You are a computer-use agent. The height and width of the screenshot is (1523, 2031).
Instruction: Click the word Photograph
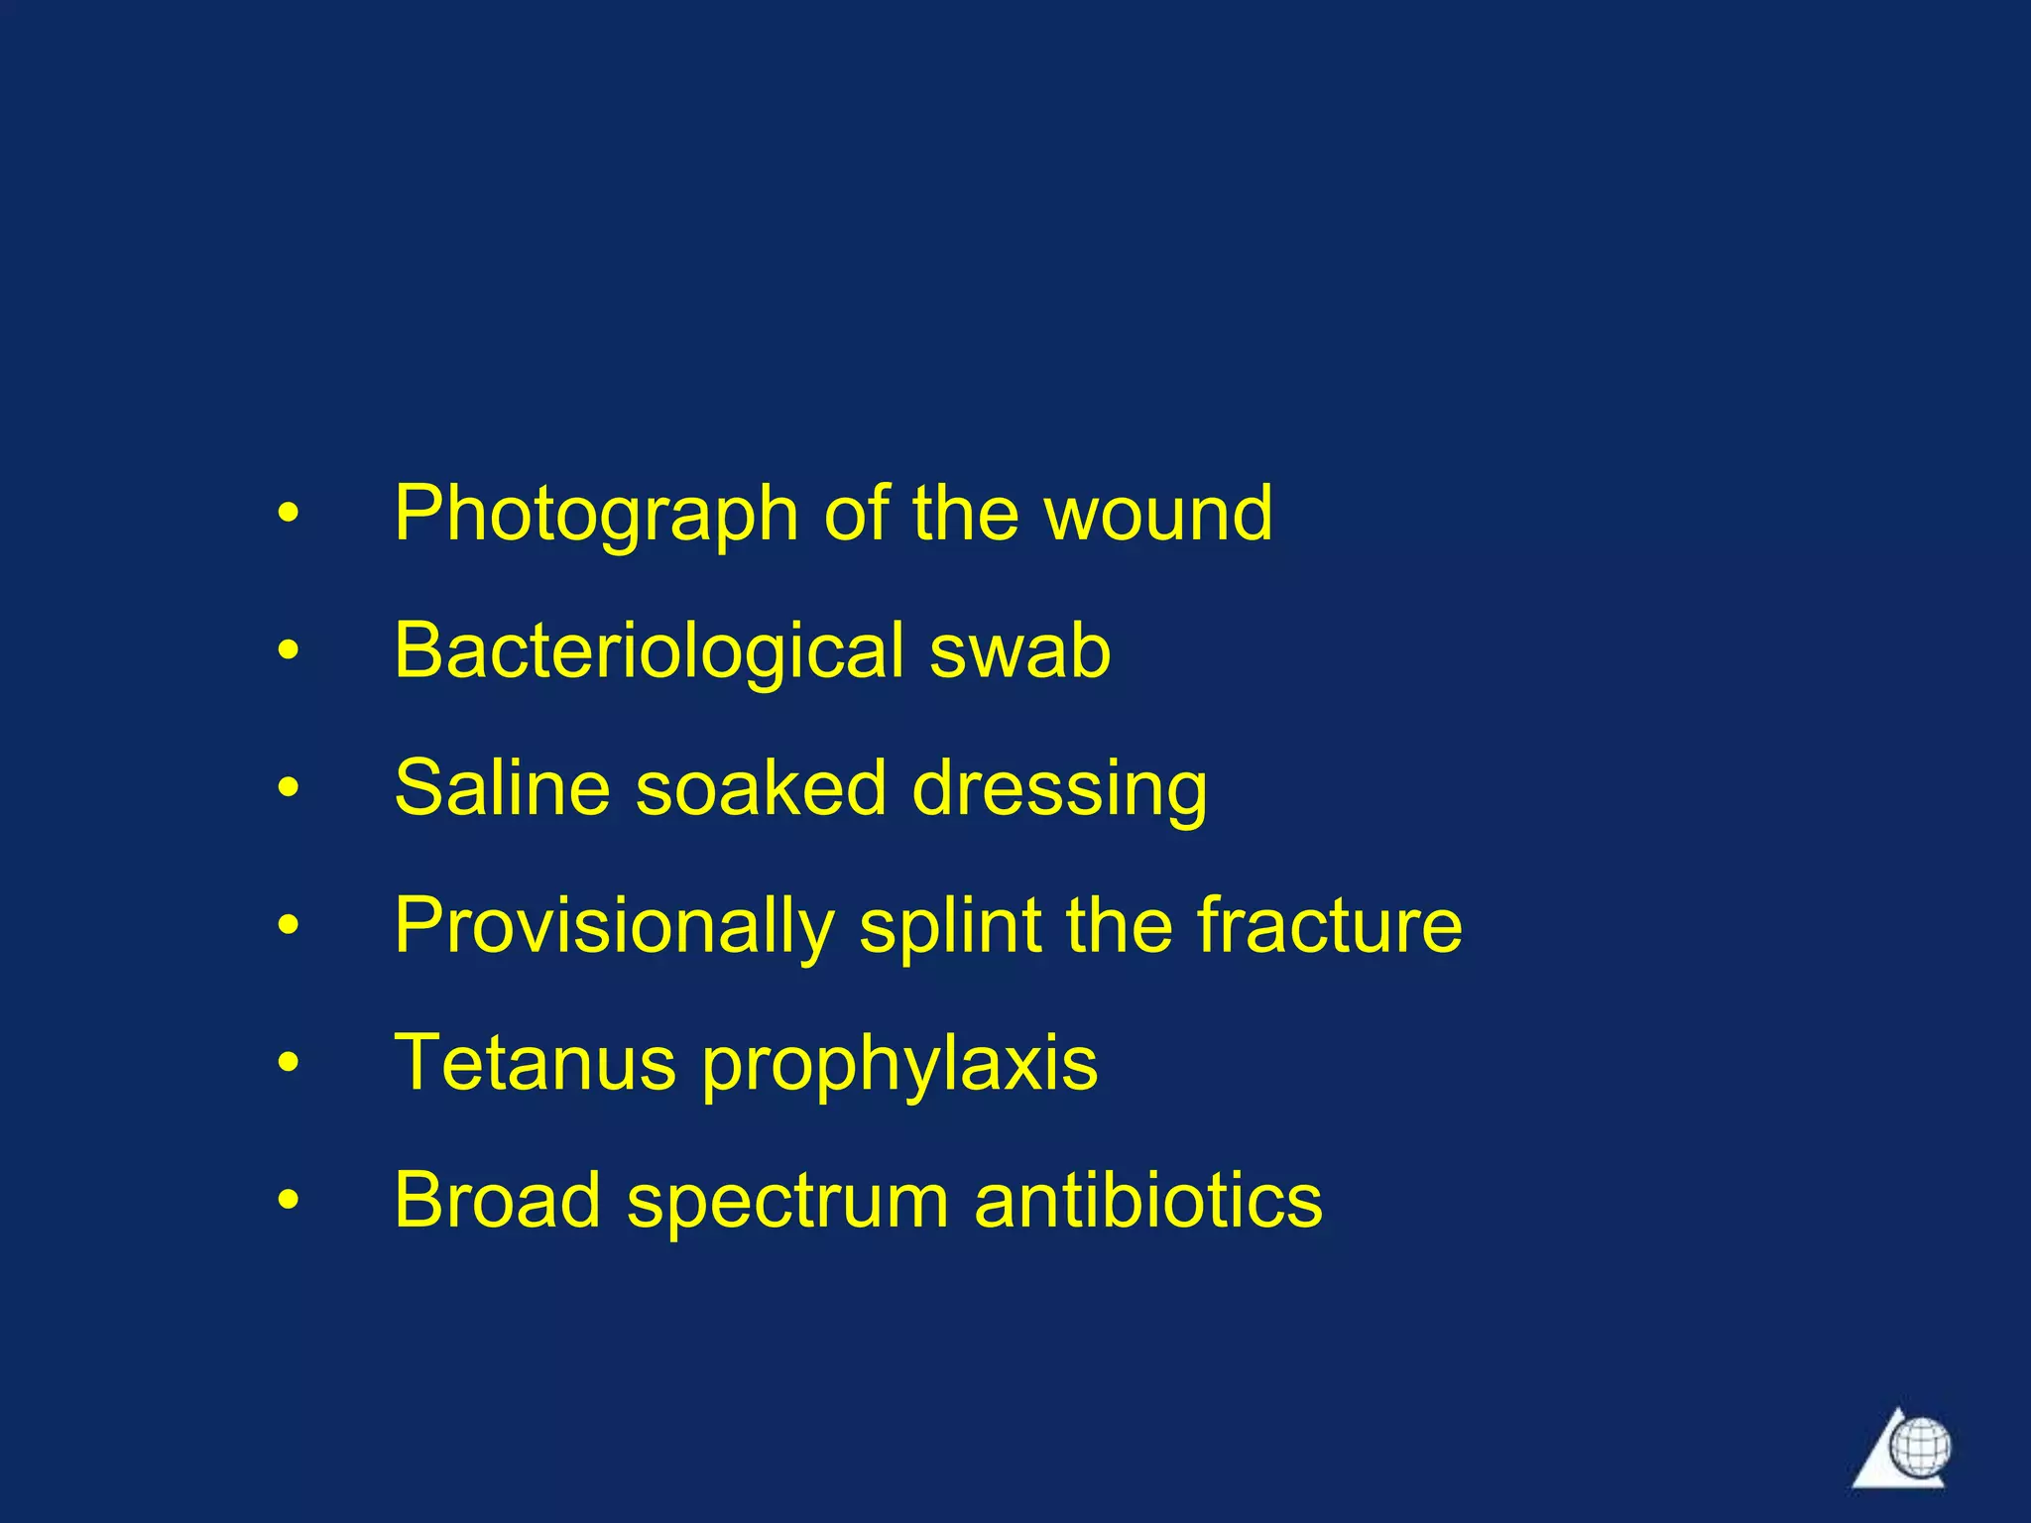[x=596, y=515]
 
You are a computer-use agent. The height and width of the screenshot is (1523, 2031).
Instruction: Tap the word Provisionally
[x=614, y=927]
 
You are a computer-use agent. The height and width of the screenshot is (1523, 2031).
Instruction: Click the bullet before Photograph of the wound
[x=288, y=515]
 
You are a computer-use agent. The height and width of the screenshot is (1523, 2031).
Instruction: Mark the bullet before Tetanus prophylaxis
[x=288, y=1064]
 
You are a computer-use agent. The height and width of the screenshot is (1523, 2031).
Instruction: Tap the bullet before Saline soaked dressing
[x=288, y=789]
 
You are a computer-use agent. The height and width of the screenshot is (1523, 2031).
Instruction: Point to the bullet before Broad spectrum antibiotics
[x=288, y=1202]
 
